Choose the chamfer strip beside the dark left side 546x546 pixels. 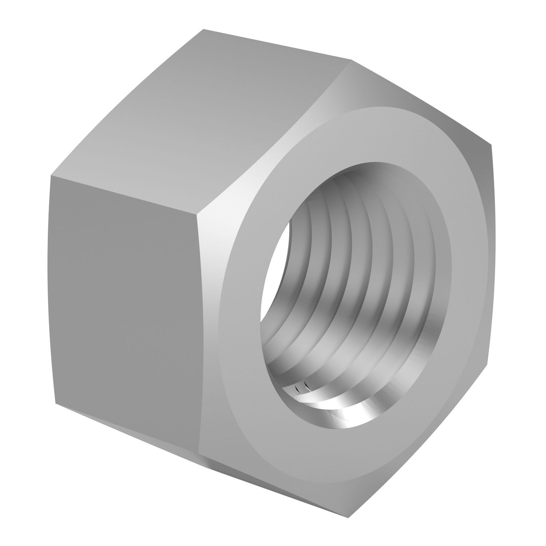point(211,328)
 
